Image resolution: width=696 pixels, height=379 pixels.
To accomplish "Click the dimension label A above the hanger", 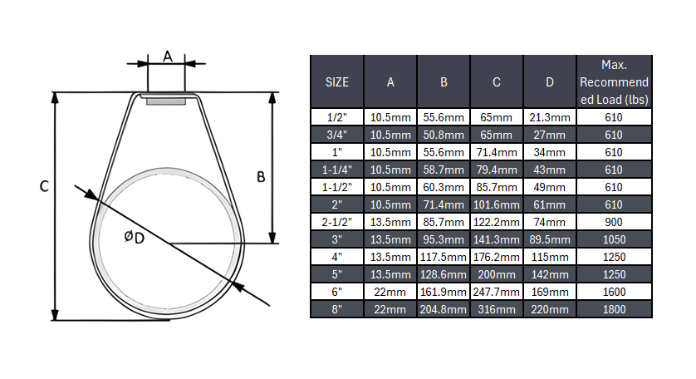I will tap(167, 57).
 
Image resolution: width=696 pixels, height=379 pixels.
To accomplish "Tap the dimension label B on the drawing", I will tap(260, 177).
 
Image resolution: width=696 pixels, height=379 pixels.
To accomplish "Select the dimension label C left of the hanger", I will tap(43, 188).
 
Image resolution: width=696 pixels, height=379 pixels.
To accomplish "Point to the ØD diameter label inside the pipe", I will tap(134, 238).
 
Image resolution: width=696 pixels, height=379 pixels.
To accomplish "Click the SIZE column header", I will tap(336, 82).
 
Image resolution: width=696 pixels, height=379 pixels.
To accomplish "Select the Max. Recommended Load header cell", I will tap(614, 82).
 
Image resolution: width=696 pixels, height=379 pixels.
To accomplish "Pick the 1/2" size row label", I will tap(336, 117).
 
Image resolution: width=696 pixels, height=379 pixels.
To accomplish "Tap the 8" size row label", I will tap(336, 309).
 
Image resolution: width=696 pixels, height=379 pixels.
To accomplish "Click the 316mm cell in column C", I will tap(497, 309).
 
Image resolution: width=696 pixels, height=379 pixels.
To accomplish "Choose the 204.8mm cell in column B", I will tap(444, 309).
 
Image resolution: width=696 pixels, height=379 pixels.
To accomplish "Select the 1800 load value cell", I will tap(614, 309).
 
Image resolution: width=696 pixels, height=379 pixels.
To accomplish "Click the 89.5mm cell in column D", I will tap(550, 239).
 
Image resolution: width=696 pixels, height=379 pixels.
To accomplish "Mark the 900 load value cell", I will tap(614, 222).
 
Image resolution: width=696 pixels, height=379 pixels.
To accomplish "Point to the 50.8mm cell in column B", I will tap(444, 135).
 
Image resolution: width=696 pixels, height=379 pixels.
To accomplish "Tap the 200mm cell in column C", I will tap(497, 274).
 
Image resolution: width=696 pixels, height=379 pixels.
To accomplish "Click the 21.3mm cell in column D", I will tap(550, 117).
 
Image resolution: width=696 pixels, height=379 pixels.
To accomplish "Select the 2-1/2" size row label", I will tap(336, 222).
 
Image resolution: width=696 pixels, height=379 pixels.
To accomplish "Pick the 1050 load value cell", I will tap(614, 239).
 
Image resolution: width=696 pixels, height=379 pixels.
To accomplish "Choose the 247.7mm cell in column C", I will tap(497, 292).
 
